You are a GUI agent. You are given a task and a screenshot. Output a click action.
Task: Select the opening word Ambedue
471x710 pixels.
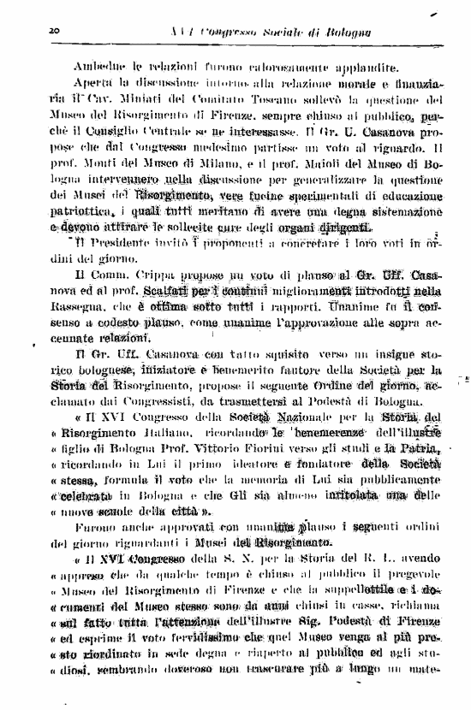coord(98,65)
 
